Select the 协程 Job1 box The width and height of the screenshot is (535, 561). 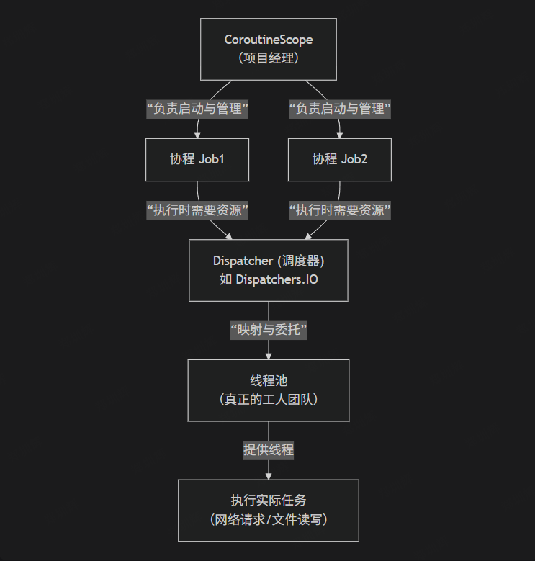(x=197, y=159)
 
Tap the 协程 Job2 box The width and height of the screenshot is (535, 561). (x=339, y=159)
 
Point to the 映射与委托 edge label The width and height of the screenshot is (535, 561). (x=268, y=330)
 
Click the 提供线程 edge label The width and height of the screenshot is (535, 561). (x=268, y=450)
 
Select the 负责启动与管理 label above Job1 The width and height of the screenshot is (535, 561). (x=197, y=109)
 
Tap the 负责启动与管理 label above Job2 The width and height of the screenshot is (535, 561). (x=339, y=109)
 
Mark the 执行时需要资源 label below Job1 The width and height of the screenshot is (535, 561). (x=197, y=210)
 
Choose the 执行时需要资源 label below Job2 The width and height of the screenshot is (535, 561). (x=339, y=210)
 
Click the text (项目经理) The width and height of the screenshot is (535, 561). (x=268, y=58)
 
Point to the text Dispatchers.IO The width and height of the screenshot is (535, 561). (x=277, y=279)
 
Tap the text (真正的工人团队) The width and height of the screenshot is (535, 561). (x=268, y=399)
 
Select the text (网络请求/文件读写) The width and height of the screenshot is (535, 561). (x=268, y=519)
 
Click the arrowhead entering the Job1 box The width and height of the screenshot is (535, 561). (x=197, y=134)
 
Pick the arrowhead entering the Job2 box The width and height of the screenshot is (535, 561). (x=339, y=134)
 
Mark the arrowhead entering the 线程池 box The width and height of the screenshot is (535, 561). (x=268, y=355)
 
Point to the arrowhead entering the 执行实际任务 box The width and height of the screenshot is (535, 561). (x=268, y=475)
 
